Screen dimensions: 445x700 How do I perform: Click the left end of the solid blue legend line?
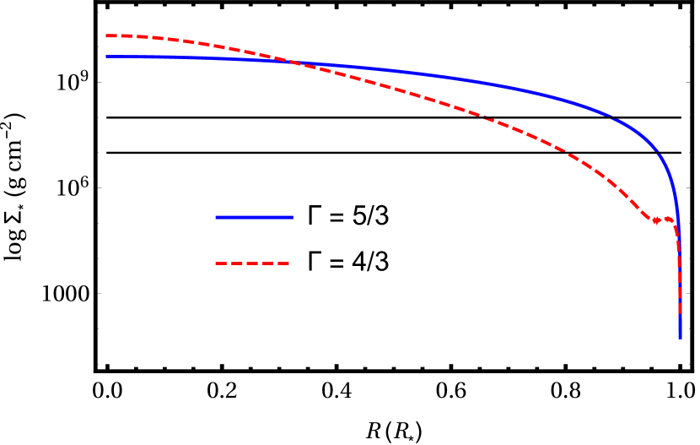click(217, 217)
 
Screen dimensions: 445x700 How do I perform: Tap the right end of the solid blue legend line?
click(292, 217)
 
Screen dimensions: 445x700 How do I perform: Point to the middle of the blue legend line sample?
click(254, 217)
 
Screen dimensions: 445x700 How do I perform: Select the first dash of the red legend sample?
click(221, 263)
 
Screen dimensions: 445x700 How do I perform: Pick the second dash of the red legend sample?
click(237, 263)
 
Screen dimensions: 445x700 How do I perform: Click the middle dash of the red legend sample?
click(253, 263)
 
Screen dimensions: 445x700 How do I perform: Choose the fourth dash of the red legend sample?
click(268, 263)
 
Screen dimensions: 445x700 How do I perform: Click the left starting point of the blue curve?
click(107, 57)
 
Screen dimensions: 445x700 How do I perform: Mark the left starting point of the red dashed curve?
click(107, 36)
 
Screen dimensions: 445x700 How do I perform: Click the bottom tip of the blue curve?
click(680, 337)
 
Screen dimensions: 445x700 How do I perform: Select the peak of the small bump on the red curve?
click(669, 219)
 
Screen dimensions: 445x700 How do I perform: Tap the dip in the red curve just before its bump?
click(657, 221)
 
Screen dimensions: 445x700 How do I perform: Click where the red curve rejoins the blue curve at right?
click(678, 245)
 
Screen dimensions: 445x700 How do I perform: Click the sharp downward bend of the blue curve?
click(673, 186)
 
